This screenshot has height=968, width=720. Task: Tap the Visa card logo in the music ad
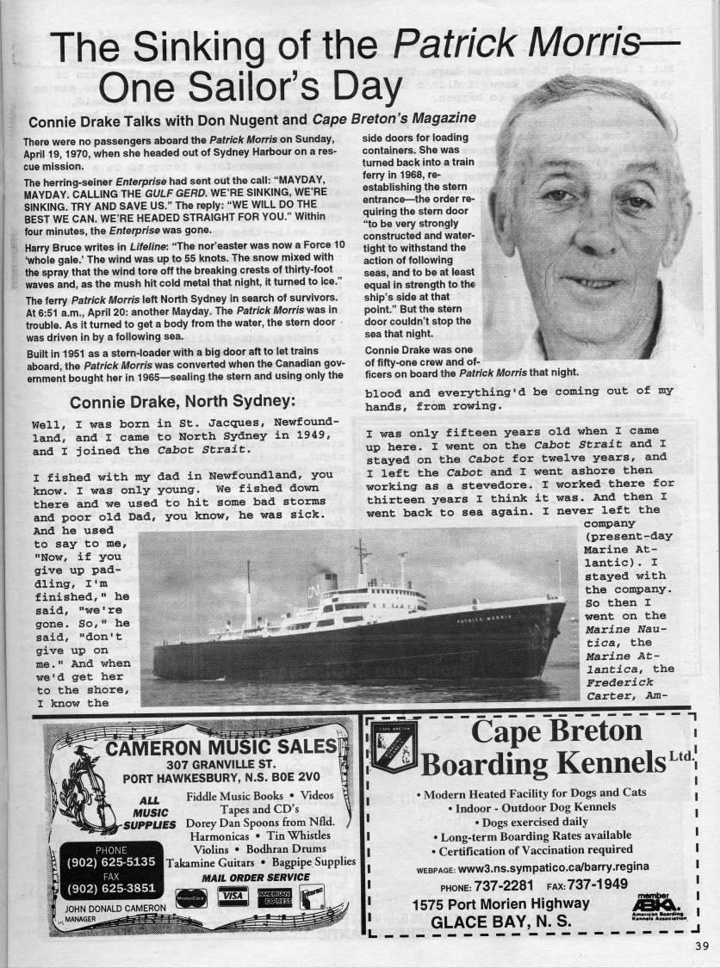click(x=232, y=896)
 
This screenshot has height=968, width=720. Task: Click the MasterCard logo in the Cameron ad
click(x=190, y=898)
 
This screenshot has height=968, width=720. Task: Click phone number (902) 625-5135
click(x=111, y=861)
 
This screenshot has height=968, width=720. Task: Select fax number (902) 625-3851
click(x=111, y=888)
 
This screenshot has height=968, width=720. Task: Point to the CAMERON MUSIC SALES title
click(x=220, y=745)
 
